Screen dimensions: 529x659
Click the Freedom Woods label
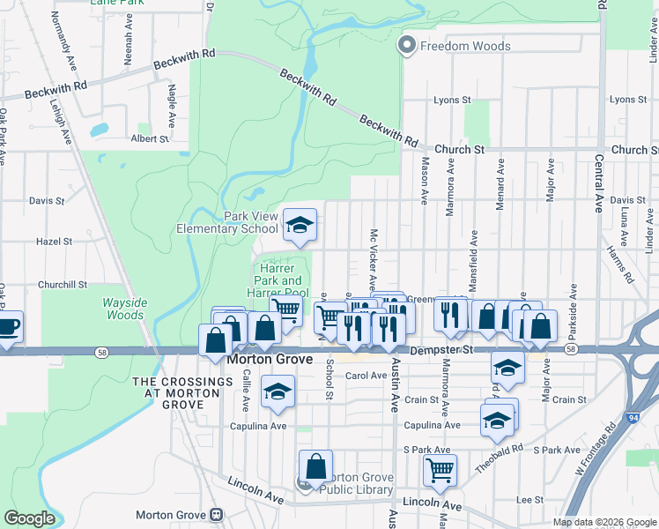click(x=464, y=46)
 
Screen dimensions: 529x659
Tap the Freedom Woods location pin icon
click(x=407, y=46)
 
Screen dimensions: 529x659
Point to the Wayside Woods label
click(x=123, y=309)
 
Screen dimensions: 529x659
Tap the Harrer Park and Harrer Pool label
click(x=283, y=280)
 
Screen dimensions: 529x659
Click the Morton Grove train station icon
click(x=216, y=515)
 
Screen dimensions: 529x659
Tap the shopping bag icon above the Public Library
click(x=315, y=466)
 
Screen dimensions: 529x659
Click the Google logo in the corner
click(x=30, y=518)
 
